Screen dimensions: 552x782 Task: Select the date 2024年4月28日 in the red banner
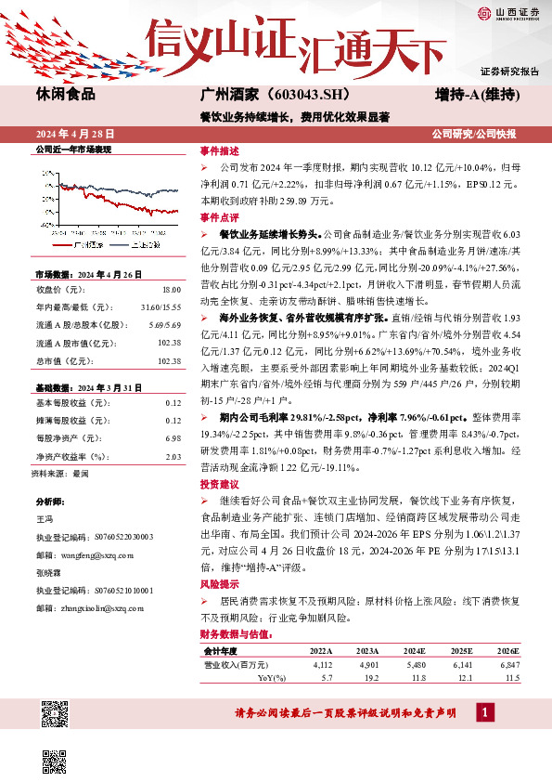point(74,134)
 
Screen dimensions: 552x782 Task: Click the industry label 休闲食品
point(65,95)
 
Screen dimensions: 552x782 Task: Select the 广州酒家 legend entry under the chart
point(86,244)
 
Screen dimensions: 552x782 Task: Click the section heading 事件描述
point(219,150)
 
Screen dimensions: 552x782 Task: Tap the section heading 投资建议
point(219,485)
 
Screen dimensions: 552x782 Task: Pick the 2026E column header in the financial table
point(507,652)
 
